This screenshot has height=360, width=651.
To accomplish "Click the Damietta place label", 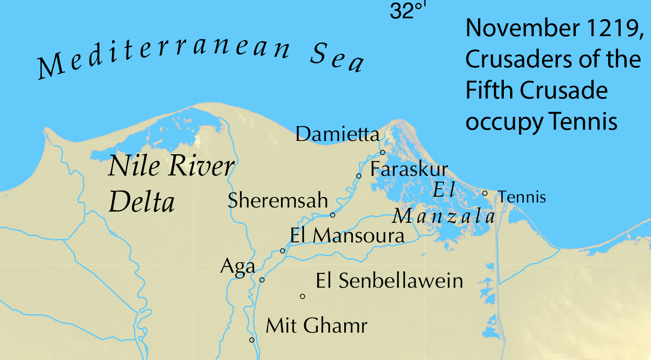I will coord(338,134).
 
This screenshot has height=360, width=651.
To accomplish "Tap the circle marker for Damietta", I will coord(382,152).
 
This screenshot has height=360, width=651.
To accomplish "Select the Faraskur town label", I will coord(409,169).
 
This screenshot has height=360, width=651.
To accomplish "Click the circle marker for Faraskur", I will coord(359,176).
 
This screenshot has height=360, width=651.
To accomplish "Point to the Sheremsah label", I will coord(278,200).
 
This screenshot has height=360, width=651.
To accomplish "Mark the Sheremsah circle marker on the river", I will coord(333,215).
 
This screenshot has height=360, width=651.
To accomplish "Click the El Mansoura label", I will coord(347,236).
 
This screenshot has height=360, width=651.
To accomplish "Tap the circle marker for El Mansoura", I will coord(283,251).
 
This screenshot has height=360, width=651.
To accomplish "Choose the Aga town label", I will coord(237,266).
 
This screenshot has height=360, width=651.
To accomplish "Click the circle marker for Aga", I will coord(262,280).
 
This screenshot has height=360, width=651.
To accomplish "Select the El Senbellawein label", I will coord(389,281).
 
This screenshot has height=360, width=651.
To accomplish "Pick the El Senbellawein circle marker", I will coord(303,296).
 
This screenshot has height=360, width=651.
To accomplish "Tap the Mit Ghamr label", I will coord(316,325).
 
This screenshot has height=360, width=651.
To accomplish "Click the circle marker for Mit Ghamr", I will coord(252,340).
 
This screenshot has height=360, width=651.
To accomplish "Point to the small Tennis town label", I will coord(522,197).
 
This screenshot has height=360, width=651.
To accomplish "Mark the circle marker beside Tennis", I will coord(485,193).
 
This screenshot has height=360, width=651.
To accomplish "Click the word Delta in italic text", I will coord(142,202).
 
